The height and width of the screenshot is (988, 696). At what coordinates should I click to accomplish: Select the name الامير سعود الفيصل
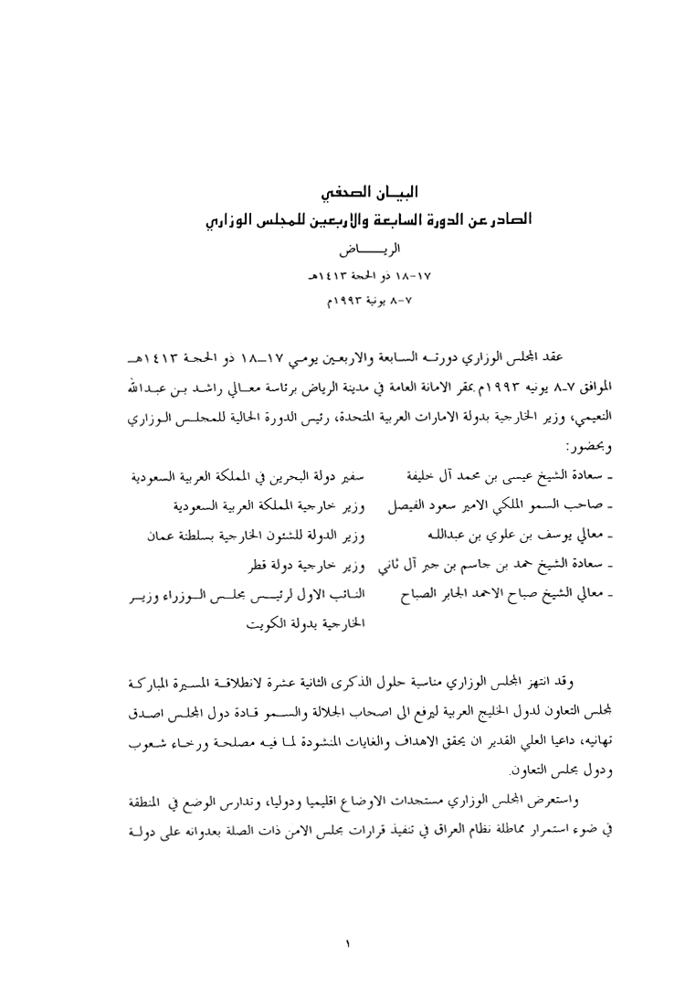point(438,505)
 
